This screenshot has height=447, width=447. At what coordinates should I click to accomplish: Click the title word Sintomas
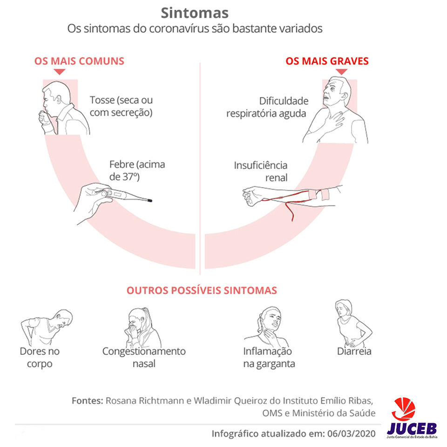(x=195, y=13)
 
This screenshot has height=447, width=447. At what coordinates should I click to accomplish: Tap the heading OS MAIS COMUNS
(x=79, y=61)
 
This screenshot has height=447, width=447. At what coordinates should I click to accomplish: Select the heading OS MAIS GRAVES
(x=327, y=61)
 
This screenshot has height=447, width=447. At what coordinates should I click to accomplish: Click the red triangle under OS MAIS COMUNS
(x=59, y=72)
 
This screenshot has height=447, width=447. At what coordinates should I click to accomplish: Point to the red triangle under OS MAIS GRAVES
(x=341, y=72)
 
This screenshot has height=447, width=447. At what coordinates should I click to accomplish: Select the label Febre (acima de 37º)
(x=137, y=170)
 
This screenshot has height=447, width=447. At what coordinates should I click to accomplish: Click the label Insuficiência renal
(x=261, y=171)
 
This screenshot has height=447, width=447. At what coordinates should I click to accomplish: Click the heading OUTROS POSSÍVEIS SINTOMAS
(x=202, y=291)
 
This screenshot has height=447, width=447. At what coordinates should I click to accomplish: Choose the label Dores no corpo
(x=40, y=358)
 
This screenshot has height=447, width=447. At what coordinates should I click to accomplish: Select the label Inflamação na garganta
(x=269, y=358)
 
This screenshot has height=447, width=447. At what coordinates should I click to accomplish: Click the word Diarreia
(x=354, y=351)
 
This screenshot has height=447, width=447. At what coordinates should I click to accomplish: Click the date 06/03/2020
(x=351, y=433)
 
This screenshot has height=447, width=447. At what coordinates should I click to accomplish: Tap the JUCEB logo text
(x=412, y=428)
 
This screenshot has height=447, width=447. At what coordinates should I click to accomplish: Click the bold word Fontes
(x=87, y=400)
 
